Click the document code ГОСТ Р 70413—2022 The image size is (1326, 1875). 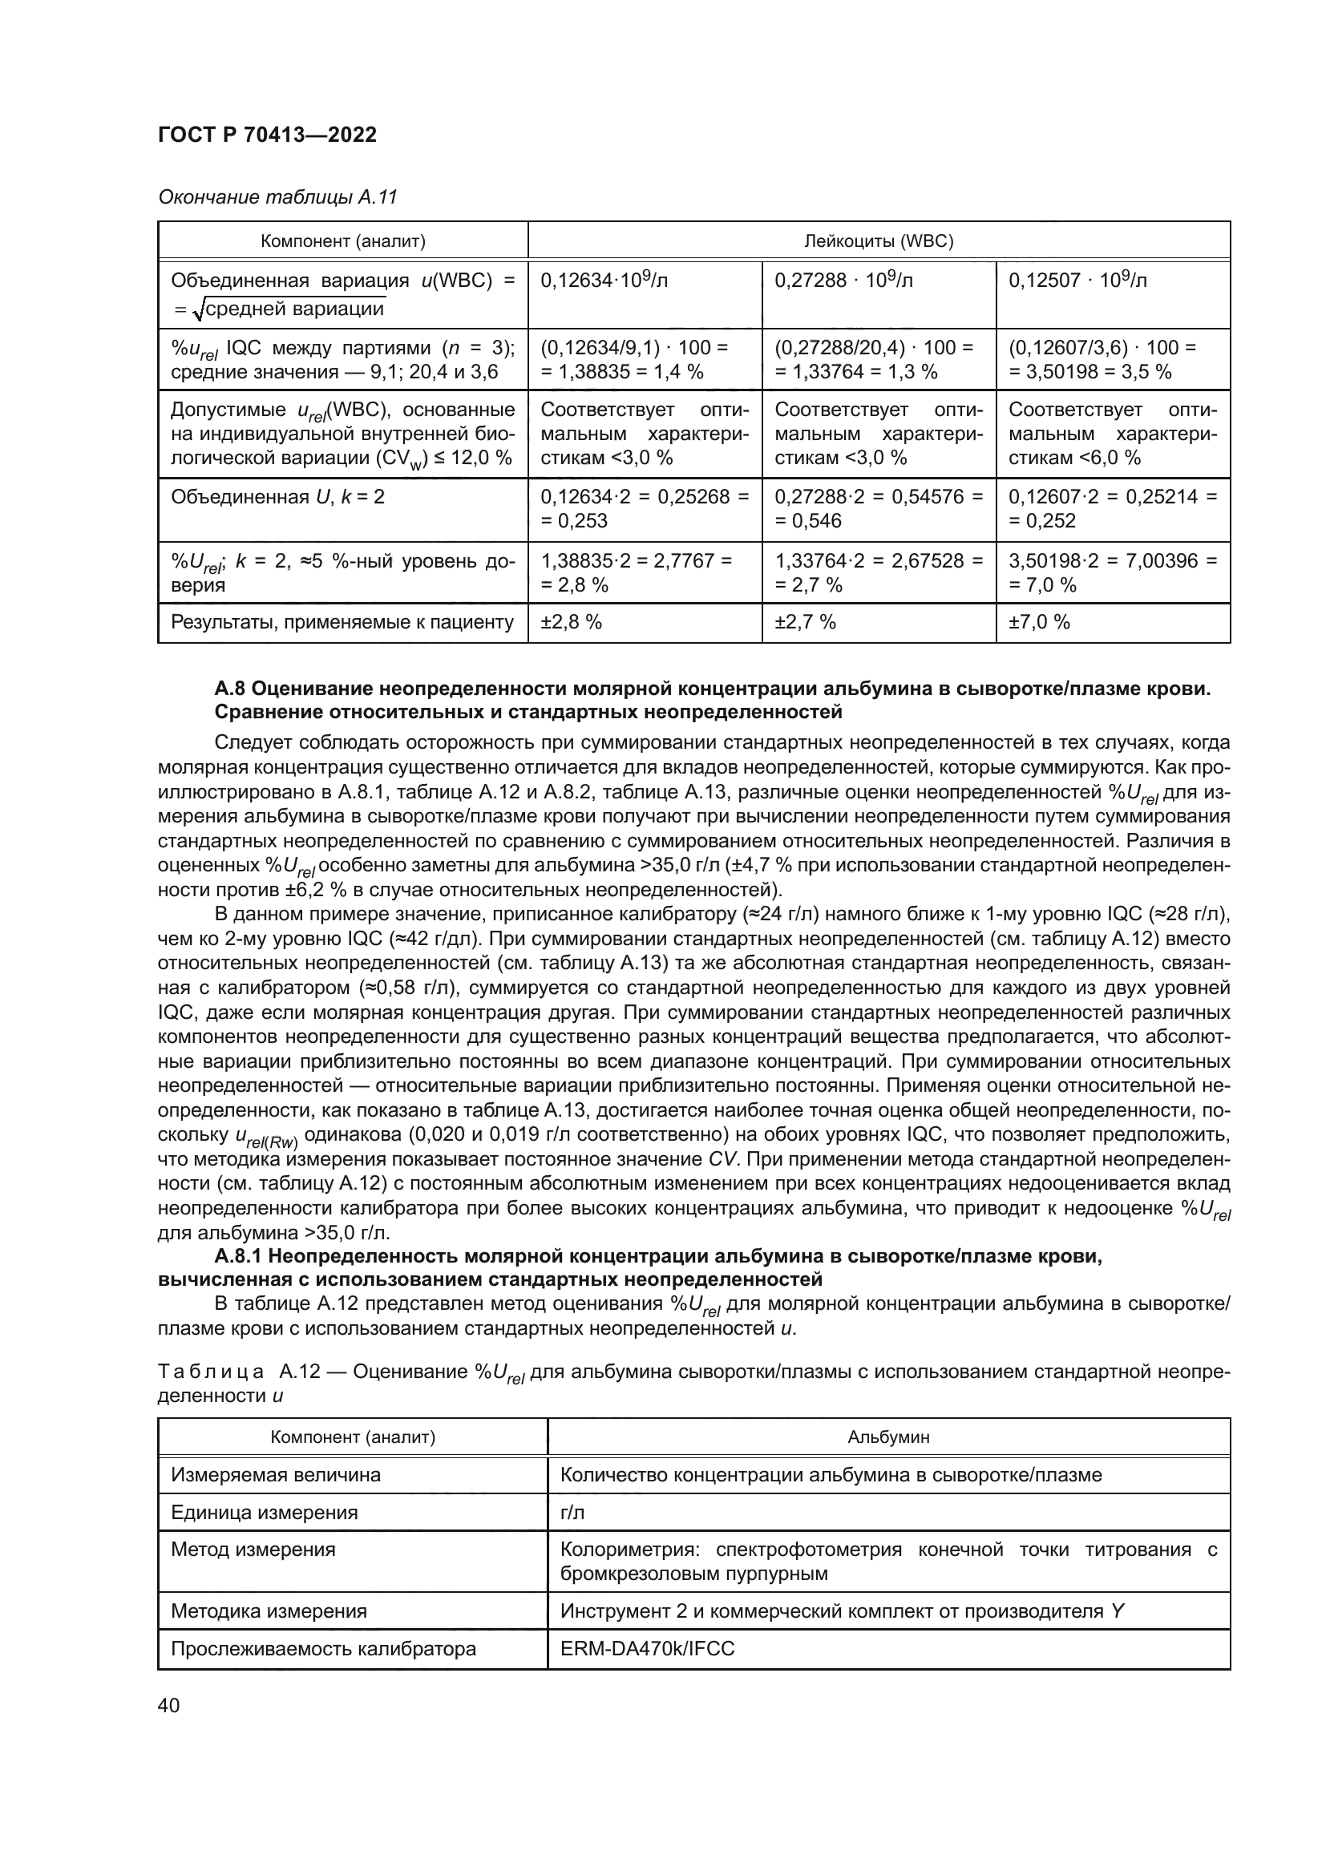(x=267, y=135)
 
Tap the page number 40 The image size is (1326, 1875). (x=168, y=1705)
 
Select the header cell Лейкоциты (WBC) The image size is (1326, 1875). (x=879, y=241)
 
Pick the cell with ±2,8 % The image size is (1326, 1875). (x=571, y=622)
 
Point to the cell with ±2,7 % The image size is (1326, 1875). (x=805, y=622)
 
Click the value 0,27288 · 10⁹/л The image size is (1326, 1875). (x=843, y=281)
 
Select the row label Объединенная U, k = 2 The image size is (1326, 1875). (x=277, y=496)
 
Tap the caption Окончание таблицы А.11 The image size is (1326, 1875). (x=277, y=197)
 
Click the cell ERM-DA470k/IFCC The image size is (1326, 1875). (x=647, y=1649)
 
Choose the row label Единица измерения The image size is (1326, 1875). (x=264, y=1513)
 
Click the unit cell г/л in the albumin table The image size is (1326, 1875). (x=572, y=1513)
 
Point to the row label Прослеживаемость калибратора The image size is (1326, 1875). (x=322, y=1649)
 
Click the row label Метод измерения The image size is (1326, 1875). (x=253, y=1550)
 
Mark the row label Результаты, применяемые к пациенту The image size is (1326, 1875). (x=342, y=622)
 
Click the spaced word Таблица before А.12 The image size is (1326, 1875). (x=210, y=1372)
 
